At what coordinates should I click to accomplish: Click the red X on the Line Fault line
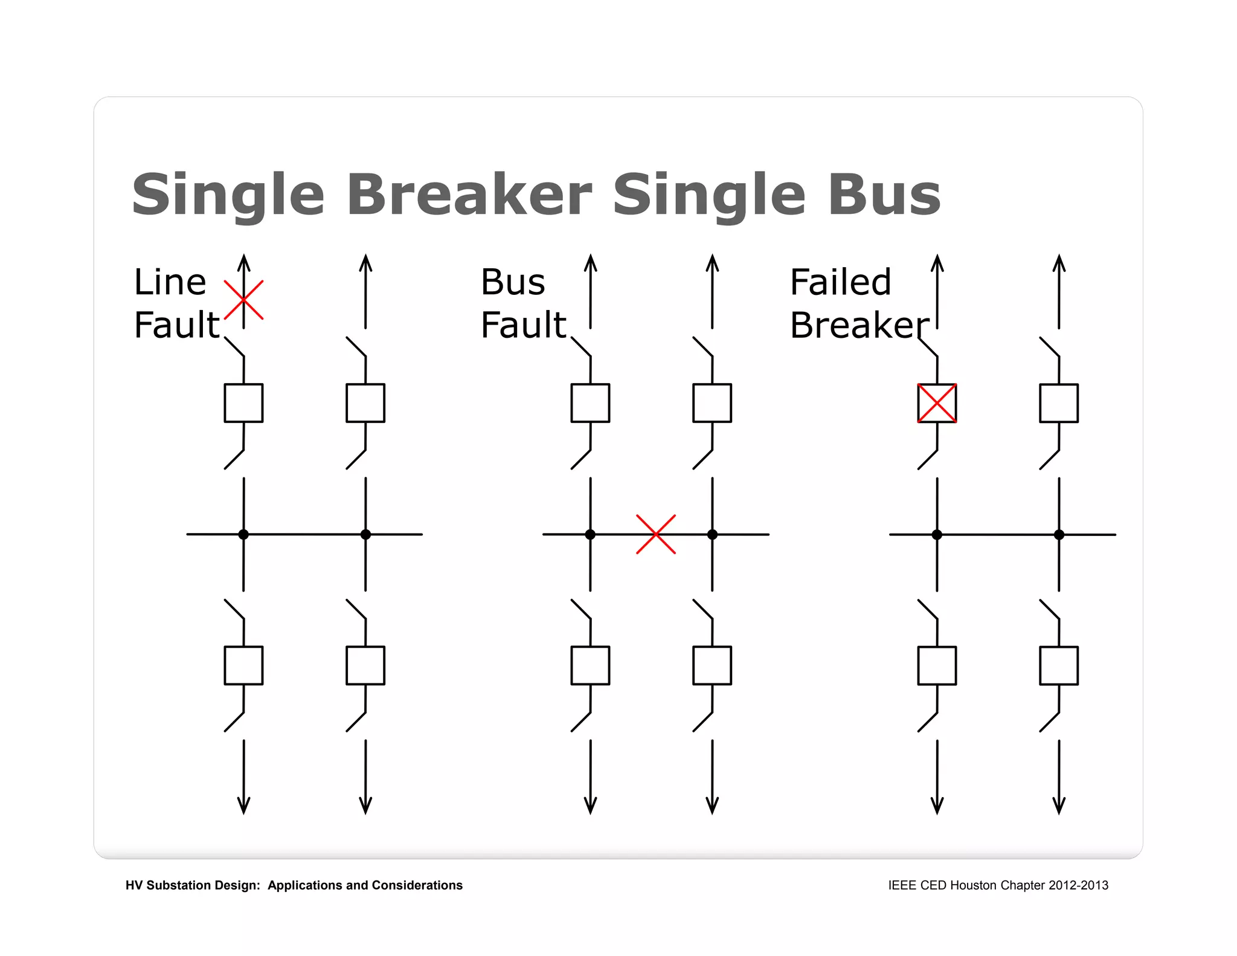point(243,300)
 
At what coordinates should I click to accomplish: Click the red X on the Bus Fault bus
point(656,534)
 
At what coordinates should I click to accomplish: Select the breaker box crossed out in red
point(937,403)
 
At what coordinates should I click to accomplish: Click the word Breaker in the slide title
point(469,195)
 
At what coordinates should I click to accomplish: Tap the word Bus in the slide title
point(884,195)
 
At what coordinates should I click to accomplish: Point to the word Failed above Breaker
point(840,282)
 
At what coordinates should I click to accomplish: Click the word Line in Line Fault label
point(170,282)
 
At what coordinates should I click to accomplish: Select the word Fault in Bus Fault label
point(523,325)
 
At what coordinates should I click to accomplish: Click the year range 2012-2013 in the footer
point(1078,885)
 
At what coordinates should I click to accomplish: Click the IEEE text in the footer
point(902,885)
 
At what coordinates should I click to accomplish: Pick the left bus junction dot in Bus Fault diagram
point(590,534)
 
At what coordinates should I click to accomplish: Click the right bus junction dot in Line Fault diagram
point(365,534)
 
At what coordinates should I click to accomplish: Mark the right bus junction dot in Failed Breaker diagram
point(1059,535)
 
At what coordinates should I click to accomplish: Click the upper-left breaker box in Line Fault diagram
point(243,403)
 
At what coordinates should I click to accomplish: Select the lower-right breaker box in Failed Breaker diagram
point(1059,665)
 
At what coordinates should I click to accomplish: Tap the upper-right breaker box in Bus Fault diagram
point(712,403)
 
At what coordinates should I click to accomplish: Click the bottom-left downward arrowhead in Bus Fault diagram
point(590,806)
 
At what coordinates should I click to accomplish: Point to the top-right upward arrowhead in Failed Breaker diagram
point(1059,262)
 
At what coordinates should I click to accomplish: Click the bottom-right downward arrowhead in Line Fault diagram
point(365,806)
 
